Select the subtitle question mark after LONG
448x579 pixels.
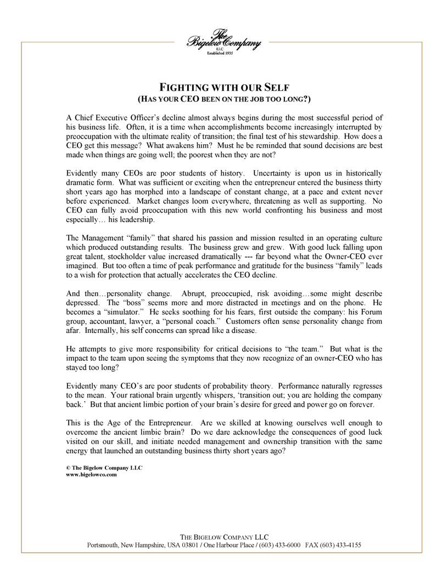coord(309,99)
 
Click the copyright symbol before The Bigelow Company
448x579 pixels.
coord(68,468)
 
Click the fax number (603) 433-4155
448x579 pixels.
coord(341,546)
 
